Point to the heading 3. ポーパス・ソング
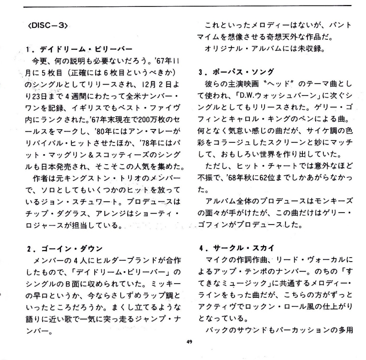pyautogui.click(x=236, y=72)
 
